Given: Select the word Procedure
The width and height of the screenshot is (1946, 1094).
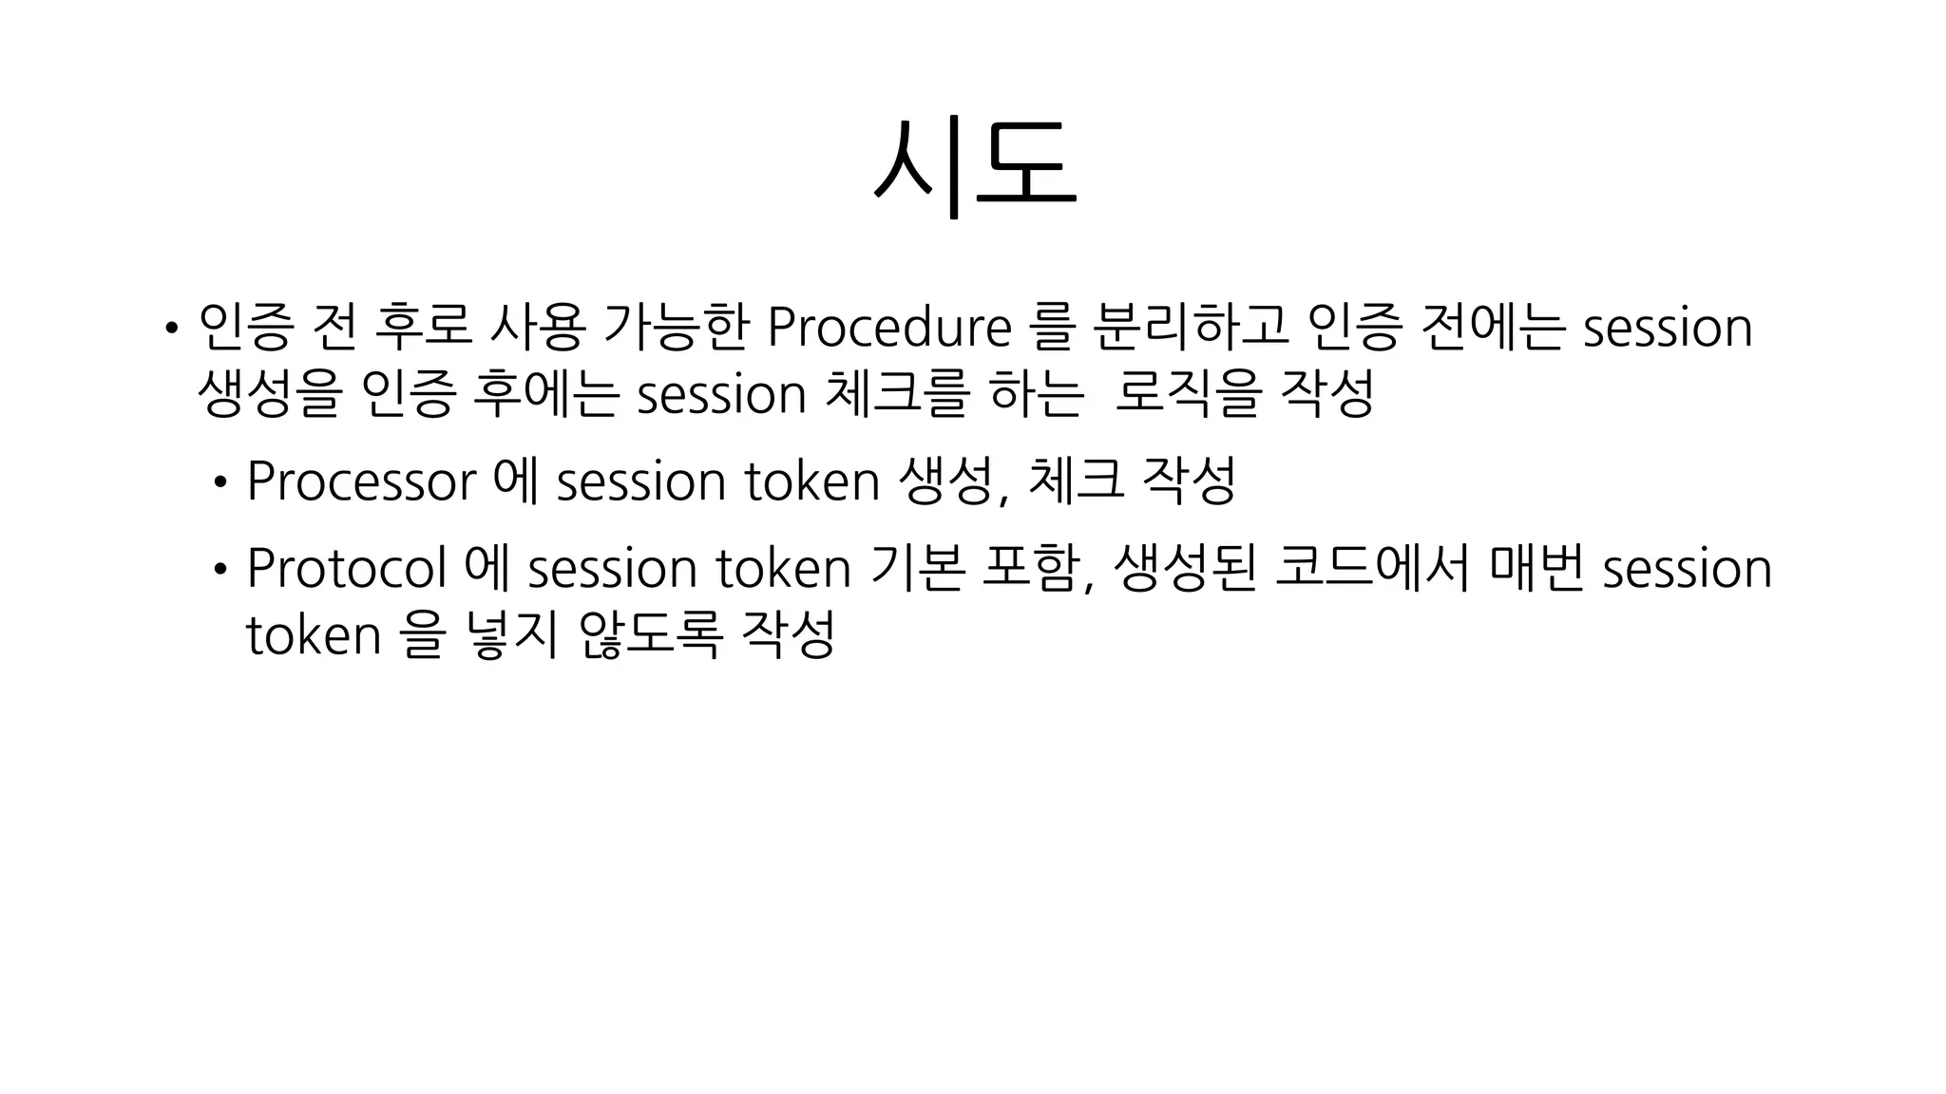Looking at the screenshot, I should click(x=888, y=328).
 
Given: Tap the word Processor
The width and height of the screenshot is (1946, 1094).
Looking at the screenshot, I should click(x=361, y=481).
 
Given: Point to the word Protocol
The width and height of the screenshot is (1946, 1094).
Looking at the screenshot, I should click(x=346, y=568).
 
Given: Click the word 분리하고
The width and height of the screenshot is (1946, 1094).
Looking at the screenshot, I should click(x=1190, y=326).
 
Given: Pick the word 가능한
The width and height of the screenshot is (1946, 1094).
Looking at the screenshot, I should click(x=676, y=326).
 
